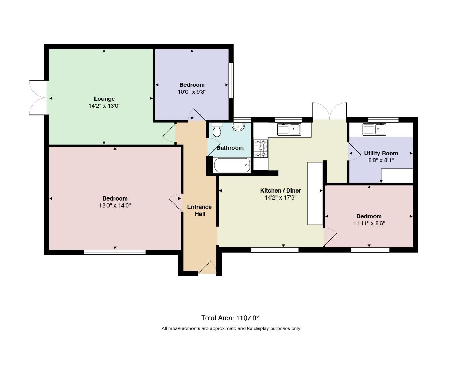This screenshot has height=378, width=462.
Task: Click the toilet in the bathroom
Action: coord(217,129)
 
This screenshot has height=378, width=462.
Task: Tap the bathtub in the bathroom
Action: coord(232,165)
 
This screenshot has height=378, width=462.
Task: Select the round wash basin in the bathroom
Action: coord(238,127)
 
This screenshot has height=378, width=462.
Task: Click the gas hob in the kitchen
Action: coord(261,148)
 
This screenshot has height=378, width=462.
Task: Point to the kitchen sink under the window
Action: coord(289,129)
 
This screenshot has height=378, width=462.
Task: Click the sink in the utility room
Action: coord(374,129)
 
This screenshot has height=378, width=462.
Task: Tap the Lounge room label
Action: coord(104,99)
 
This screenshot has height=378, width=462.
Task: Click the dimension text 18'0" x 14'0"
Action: coord(115,205)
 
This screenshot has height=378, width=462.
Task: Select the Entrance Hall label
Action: coord(199,210)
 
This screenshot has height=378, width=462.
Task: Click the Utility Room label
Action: coord(381,153)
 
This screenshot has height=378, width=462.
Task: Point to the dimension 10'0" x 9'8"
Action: coord(192,92)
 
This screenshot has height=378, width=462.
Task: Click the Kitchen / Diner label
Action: coord(280,190)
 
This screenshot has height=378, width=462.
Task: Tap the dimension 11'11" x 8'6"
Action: coord(369,223)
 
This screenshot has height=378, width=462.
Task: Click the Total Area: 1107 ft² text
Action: coord(230,318)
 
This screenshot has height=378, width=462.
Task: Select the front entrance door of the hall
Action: coord(207,267)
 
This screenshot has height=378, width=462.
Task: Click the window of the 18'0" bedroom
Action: coord(114,252)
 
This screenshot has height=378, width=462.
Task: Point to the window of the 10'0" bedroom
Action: coord(231,80)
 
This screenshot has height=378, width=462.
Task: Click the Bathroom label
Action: coord(230,148)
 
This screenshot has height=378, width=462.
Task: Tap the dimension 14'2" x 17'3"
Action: coord(280,197)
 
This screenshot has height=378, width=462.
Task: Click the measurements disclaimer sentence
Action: coord(231,328)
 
